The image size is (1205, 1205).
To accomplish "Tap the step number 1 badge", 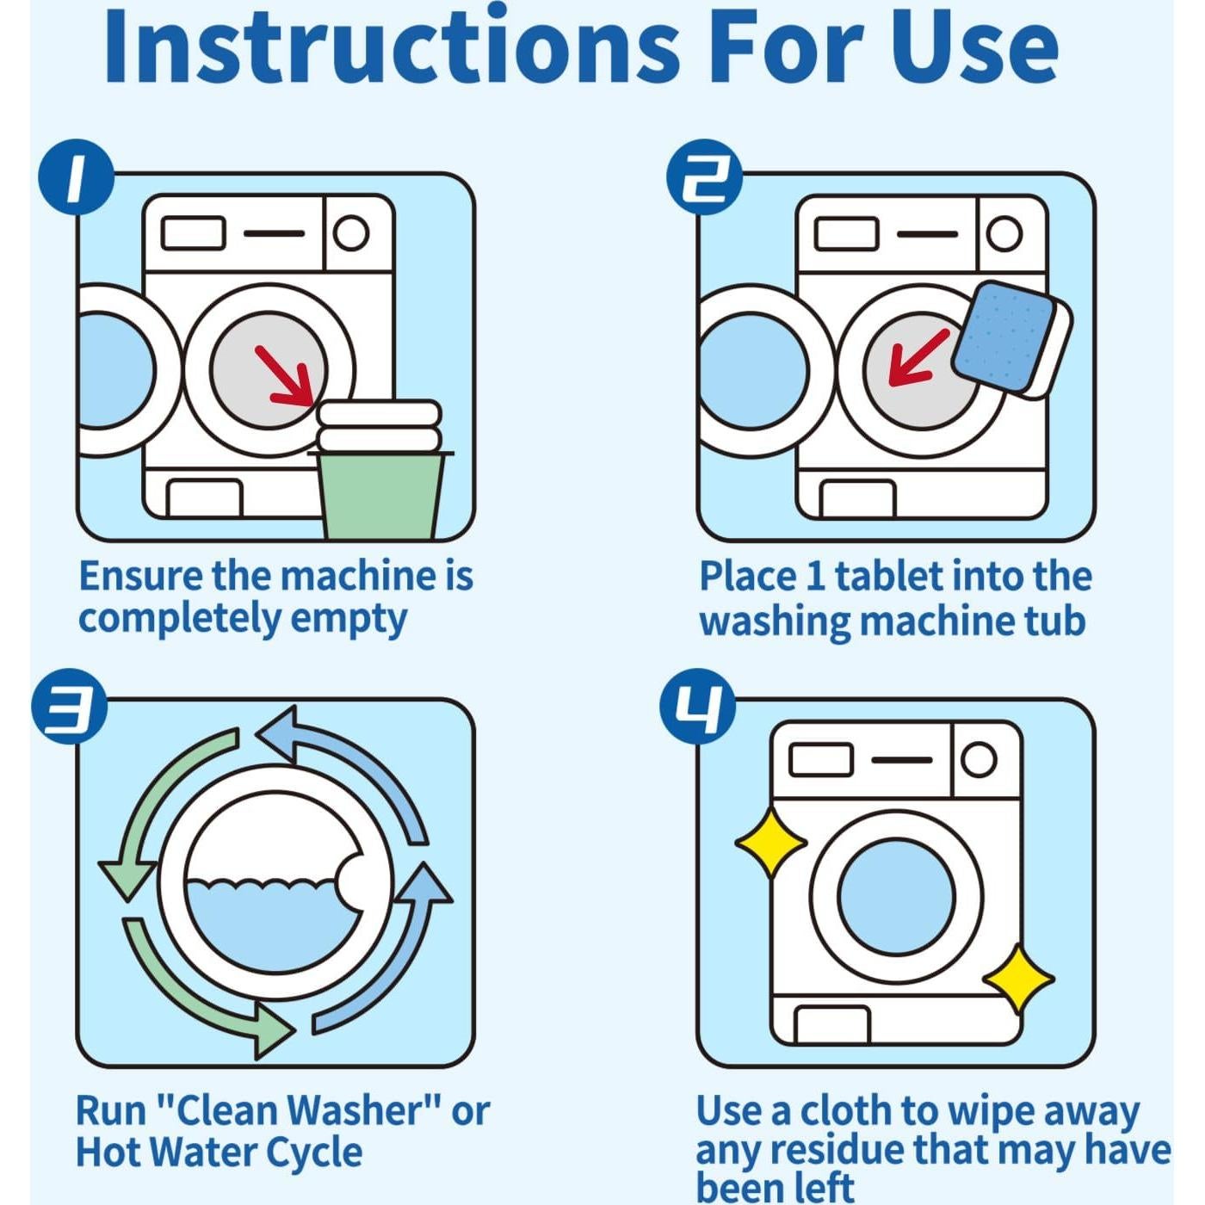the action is pyautogui.click(x=77, y=177).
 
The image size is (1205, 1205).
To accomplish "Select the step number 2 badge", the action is pyautogui.click(x=703, y=177).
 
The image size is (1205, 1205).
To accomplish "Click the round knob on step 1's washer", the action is pyautogui.click(x=350, y=233).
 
